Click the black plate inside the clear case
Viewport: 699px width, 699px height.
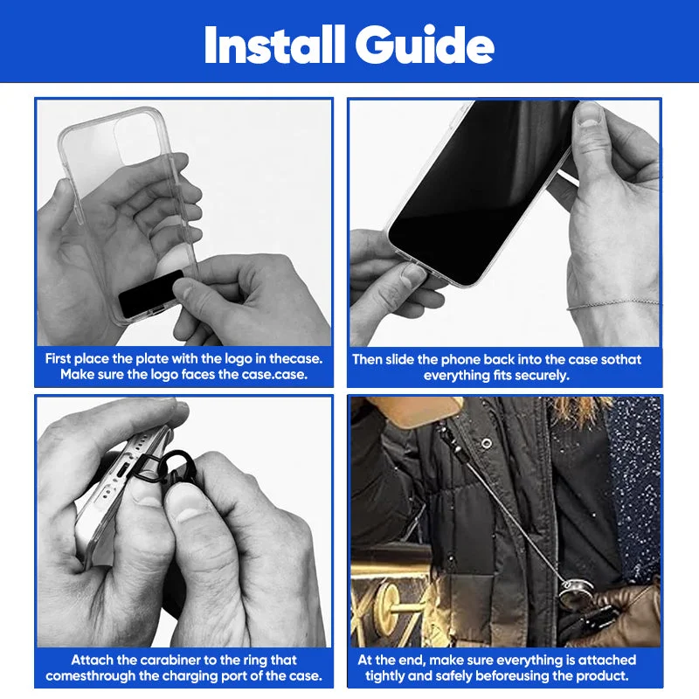(151, 294)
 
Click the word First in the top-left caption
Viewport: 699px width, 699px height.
(58, 358)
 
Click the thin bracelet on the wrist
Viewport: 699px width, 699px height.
(613, 304)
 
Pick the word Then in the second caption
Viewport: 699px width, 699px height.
(367, 359)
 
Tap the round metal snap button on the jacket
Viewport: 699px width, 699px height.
(487, 443)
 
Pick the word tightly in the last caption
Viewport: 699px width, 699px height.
(384, 675)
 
